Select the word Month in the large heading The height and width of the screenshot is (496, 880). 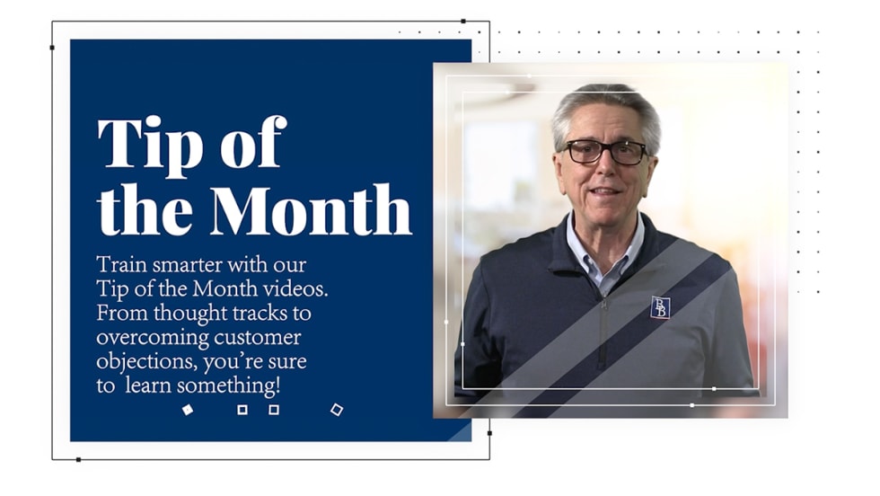click(x=311, y=209)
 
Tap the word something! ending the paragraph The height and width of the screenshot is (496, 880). click(x=228, y=385)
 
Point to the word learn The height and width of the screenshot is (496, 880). click(x=149, y=385)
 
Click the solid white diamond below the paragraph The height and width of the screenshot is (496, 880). click(x=188, y=410)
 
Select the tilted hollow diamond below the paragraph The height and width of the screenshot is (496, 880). click(x=337, y=410)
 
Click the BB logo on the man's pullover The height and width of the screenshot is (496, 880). click(x=660, y=307)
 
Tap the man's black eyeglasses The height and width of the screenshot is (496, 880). click(x=605, y=152)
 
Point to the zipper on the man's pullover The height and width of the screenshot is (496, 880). click(x=603, y=332)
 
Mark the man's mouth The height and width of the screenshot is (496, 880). click(x=604, y=192)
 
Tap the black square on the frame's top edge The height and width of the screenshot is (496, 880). click(x=463, y=22)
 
